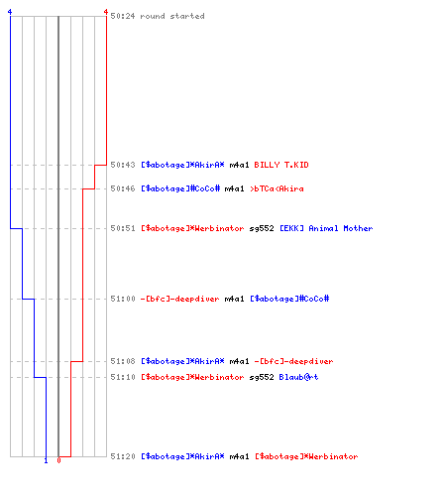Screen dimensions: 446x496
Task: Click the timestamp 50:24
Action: [123, 16]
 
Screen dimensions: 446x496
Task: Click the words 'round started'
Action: [172, 16]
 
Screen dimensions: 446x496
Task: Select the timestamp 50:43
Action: [123, 165]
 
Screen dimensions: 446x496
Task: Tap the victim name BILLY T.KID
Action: [281, 165]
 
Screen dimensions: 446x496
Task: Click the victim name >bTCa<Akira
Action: [277, 188]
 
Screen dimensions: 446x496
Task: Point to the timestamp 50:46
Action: [123, 188]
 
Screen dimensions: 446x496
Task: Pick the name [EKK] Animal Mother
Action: [326, 228]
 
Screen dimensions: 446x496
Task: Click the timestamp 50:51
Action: [123, 228]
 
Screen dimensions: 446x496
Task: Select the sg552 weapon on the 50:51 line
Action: [262, 228]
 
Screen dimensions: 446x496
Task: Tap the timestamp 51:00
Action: [123, 299]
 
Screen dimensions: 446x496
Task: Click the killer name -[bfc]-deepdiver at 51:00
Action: [179, 299]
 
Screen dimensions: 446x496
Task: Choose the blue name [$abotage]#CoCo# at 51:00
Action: [289, 299]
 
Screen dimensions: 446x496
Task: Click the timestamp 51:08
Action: [123, 361]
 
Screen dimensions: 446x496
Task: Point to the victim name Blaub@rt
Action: [298, 377]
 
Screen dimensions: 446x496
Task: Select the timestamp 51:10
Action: [123, 377]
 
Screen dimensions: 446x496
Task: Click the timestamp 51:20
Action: [123, 456]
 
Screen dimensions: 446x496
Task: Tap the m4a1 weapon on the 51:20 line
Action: [239, 456]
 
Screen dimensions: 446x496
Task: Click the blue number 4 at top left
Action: [10, 12]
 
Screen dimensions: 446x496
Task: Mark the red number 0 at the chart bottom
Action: [58, 460]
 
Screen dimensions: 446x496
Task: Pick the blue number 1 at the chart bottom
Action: [46, 460]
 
